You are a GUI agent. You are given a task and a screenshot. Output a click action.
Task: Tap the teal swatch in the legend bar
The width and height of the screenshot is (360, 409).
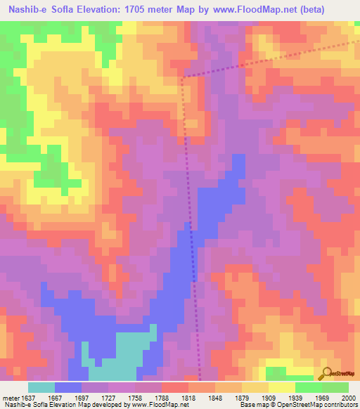tap(41, 387)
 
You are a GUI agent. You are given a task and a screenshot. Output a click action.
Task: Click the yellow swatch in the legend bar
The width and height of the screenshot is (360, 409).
tap(282, 387)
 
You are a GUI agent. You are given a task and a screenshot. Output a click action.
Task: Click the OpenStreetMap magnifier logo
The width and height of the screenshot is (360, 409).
tap(327, 372)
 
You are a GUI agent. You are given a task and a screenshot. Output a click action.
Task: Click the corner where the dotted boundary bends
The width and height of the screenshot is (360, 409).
tap(182, 77)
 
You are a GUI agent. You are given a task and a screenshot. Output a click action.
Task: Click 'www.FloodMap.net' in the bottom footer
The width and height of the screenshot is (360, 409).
tap(167, 404)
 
